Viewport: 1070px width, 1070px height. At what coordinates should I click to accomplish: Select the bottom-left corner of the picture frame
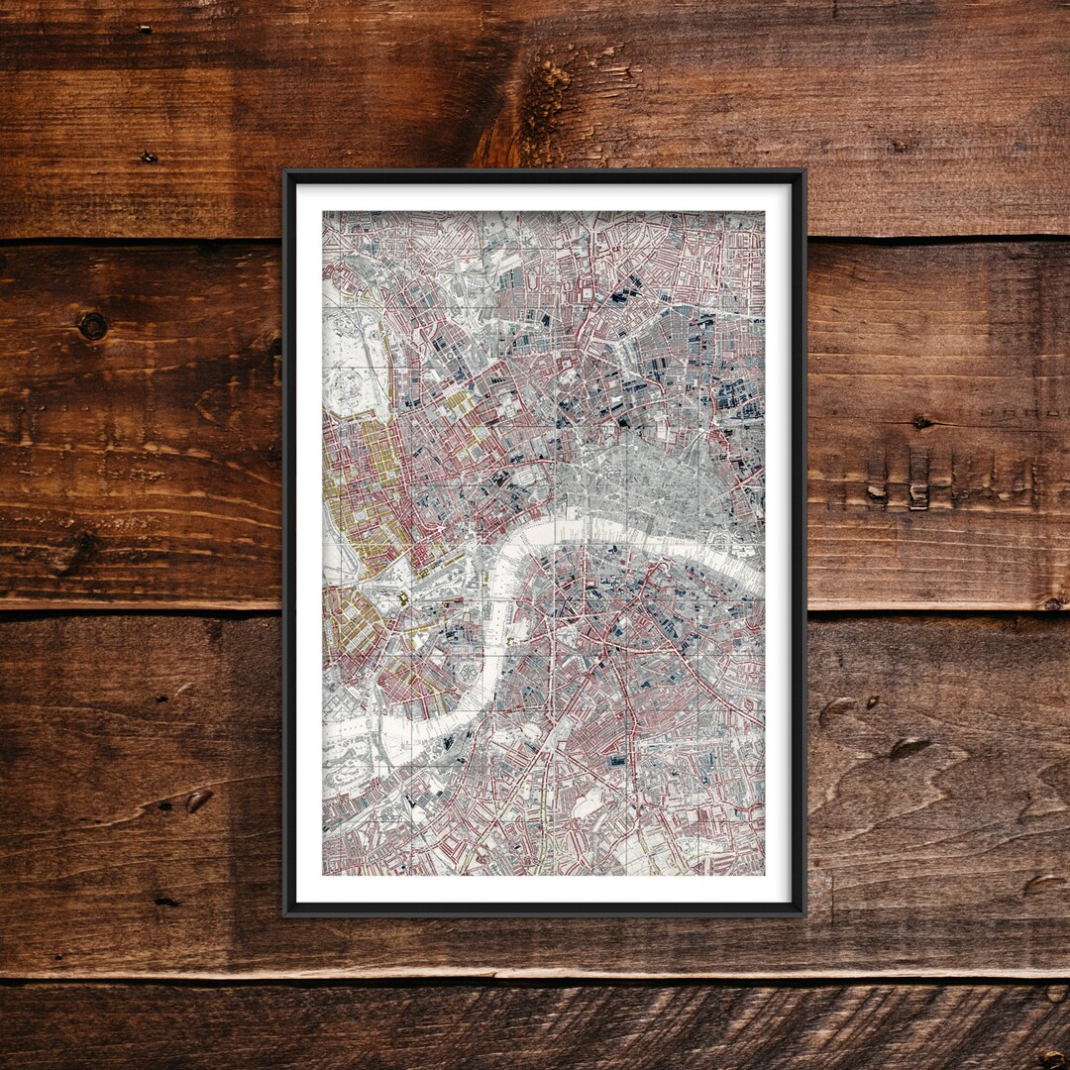[x=285, y=913]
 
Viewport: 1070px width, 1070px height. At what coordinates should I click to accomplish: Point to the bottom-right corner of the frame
[x=804, y=913]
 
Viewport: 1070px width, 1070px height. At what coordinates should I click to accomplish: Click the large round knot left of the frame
[x=93, y=326]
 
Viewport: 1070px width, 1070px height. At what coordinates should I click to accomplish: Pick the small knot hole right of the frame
[x=921, y=422]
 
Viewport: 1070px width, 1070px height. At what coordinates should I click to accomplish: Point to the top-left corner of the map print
[x=323, y=211]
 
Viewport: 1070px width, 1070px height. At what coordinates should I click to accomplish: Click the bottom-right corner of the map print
[x=764, y=875]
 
